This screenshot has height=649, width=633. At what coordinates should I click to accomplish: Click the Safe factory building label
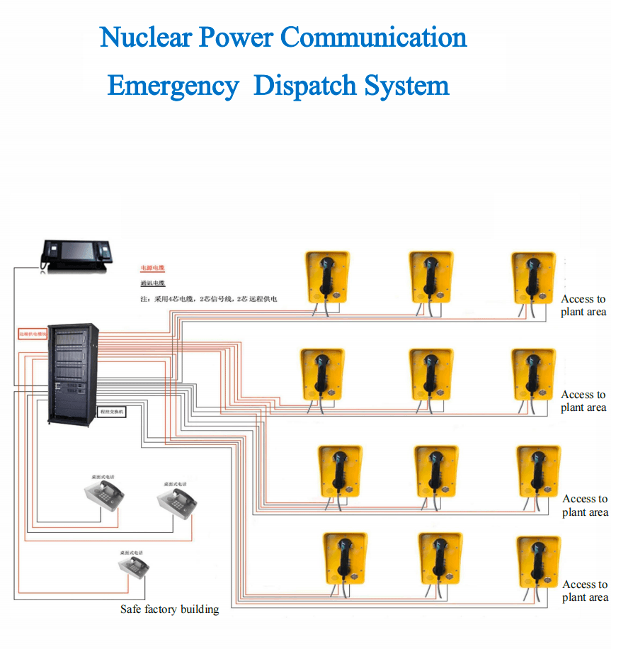click(x=169, y=609)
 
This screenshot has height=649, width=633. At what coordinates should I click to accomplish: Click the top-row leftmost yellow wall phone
click(x=326, y=277)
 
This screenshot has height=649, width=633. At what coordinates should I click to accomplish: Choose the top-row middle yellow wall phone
click(x=430, y=277)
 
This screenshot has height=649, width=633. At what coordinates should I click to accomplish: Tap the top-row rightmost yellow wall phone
click(x=534, y=277)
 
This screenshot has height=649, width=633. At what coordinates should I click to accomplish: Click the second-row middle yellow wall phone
click(x=430, y=373)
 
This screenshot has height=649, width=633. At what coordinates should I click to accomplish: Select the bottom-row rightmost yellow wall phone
click(x=538, y=563)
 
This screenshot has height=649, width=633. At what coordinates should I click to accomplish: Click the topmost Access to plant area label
click(x=583, y=305)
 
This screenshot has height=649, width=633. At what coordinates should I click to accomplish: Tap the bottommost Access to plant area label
click(x=585, y=591)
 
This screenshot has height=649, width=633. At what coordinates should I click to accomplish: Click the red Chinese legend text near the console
click(x=152, y=269)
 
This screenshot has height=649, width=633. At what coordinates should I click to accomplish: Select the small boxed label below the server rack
click(x=111, y=412)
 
